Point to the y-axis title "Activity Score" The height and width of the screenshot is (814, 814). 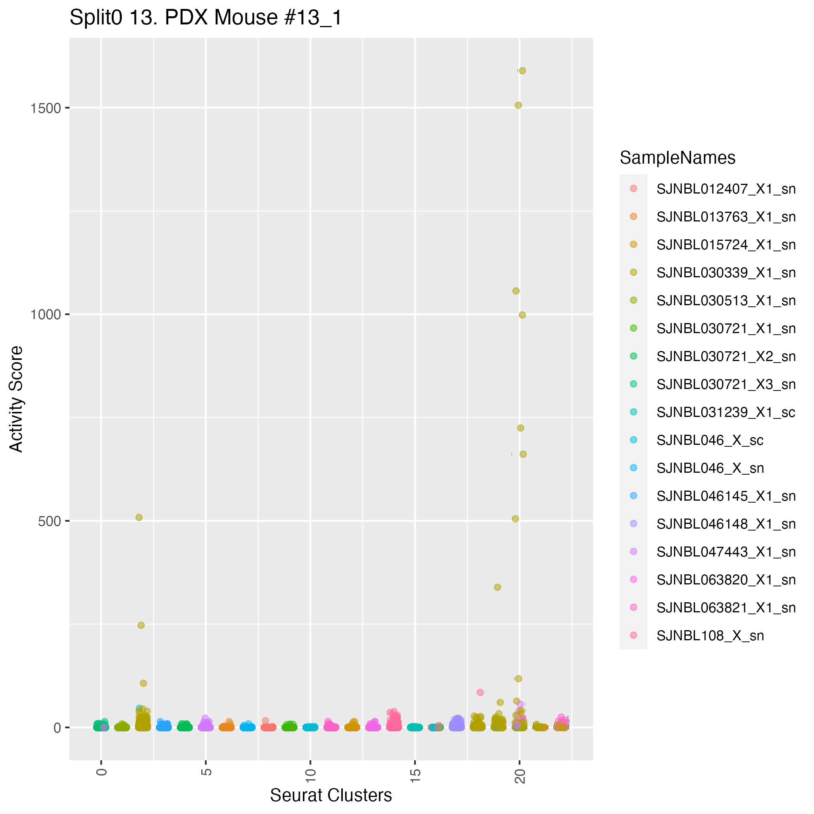coord(17,399)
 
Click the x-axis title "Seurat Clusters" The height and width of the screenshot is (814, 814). coord(331,795)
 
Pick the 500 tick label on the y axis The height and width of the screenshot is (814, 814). coord(49,521)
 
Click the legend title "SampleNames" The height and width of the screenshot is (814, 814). coord(677,158)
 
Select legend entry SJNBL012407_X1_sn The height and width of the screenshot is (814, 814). coord(726,189)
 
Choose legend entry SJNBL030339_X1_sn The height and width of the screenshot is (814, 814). coord(726,273)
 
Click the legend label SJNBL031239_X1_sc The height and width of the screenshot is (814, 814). coord(726,413)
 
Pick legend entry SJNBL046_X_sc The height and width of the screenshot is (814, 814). coord(710,440)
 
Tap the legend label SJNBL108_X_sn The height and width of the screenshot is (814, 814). coord(710,636)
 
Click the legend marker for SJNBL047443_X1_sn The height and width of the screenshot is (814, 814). coord(633,552)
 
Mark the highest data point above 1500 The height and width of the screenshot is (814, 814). coord(522,71)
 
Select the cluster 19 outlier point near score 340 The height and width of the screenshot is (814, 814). coord(497,587)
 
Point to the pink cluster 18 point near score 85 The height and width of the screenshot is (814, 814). coord(480,692)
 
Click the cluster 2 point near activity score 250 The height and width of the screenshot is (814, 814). coord(141,625)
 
